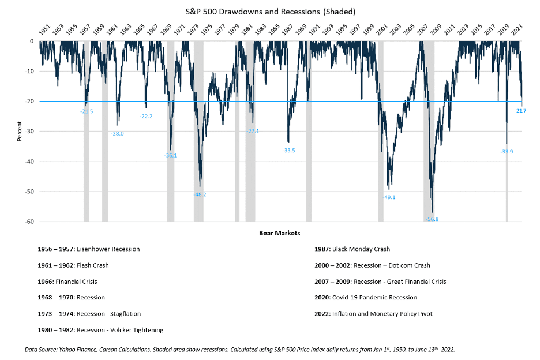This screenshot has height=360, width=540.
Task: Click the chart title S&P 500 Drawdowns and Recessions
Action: tap(270, 10)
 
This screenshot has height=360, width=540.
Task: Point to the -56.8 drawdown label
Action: tap(432, 219)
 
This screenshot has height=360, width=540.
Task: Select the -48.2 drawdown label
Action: tap(201, 194)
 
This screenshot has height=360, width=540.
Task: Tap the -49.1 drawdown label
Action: tap(389, 197)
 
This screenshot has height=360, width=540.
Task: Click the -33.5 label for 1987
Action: tap(289, 151)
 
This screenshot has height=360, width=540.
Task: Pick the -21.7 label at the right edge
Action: tap(520, 110)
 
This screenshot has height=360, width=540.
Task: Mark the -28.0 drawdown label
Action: tap(117, 133)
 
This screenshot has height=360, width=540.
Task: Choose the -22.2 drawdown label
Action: tap(146, 117)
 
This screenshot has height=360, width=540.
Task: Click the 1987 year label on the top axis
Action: tap(287, 29)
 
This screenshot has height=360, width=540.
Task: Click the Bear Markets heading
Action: tap(279, 233)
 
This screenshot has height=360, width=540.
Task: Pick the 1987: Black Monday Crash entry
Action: tap(352, 249)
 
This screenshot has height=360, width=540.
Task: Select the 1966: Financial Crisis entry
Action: tap(69, 282)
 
